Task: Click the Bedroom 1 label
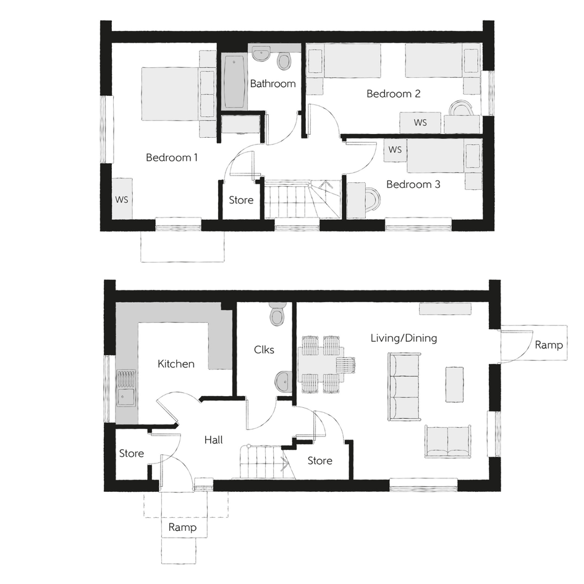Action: [171, 158]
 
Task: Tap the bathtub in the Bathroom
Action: [234, 82]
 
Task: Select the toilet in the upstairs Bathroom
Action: [284, 61]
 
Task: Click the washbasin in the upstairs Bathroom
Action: [261, 54]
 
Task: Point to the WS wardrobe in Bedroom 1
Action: [122, 198]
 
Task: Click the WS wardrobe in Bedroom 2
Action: [420, 122]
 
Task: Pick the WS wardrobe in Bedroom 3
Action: [395, 150]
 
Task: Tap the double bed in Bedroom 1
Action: [170, 94]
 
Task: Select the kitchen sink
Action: [126, 387]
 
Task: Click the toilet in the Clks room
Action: [277, 315]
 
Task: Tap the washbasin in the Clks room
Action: [284, 382]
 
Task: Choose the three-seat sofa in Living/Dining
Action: [405, 387]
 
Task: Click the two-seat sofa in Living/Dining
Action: [447, 441]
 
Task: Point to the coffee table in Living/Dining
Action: [454, 384]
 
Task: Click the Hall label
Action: [213, 440]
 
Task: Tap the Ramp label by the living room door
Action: [549, 345]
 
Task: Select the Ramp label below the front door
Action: [182, 527]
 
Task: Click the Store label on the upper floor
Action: [241, 200]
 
